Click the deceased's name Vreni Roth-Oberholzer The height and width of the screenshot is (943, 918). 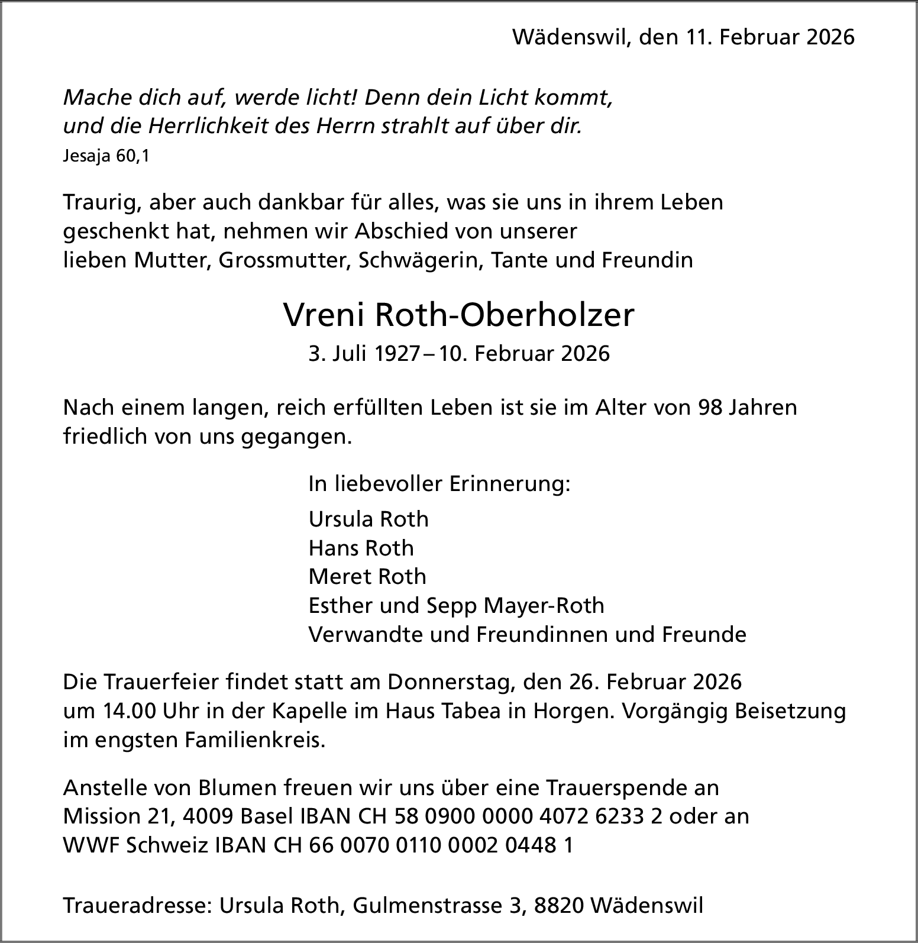(458, 315)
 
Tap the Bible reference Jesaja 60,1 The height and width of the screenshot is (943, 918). (106, 157)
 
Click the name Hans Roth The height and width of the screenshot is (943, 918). (361, 548)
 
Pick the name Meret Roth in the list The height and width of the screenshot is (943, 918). (367, 577)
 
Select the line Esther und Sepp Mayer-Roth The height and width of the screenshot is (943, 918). (456, 606)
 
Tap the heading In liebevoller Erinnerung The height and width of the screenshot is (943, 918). (439, 484)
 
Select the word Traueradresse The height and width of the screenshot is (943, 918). (137, 906)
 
